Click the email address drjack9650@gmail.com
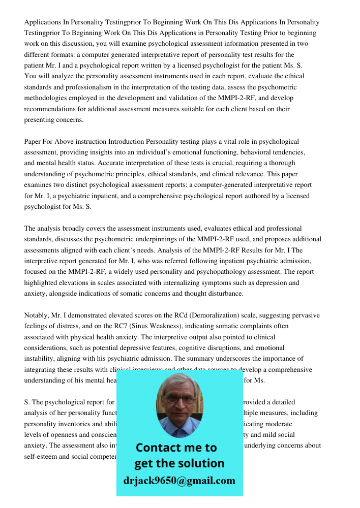[179, 481]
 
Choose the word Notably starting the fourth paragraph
[38, 315]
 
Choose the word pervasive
[306, 315]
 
